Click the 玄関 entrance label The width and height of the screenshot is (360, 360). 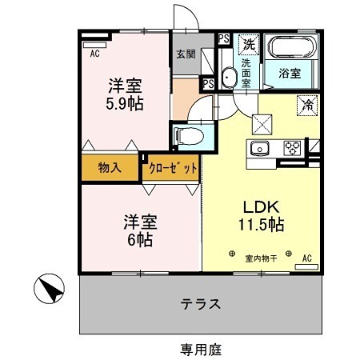point(185,55)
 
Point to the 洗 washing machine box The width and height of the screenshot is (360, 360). point(249,43)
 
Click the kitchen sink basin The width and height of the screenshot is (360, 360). point(262,149)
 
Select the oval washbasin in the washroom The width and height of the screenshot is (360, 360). point(228,78)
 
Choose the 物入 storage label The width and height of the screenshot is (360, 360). point(110,168)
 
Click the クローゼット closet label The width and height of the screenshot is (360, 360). point(171,168)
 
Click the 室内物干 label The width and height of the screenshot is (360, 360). point(260,258)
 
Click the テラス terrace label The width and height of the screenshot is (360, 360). point(200,305)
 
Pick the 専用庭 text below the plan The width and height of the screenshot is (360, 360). point(200,349)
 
